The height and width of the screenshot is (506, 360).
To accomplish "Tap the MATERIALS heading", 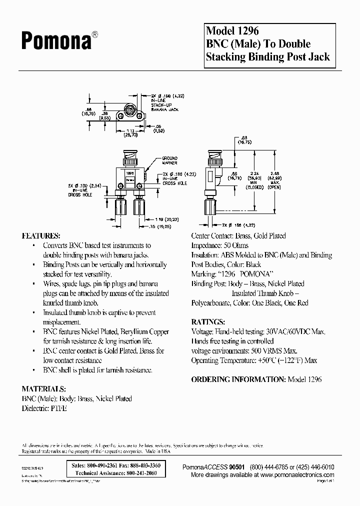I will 43,388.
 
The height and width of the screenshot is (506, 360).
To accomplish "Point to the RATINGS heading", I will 208,321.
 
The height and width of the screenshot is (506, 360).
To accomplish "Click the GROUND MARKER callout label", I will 169,160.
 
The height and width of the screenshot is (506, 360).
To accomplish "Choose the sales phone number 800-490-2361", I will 102,465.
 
